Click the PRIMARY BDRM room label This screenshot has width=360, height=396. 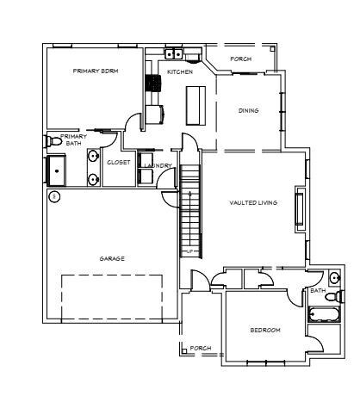click(96, 71)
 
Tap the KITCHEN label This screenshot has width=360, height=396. click(179, 71)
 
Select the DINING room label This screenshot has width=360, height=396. click(249, 110)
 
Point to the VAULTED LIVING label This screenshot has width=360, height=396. click(252, 202)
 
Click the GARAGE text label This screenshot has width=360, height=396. click(112, 258)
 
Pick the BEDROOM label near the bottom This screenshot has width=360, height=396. click(265, 330)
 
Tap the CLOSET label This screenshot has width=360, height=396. click(118, 163)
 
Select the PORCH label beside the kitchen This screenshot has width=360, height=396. click(240, 59)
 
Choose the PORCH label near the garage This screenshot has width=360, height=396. click(201, 348)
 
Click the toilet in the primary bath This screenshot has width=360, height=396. click(53, 139)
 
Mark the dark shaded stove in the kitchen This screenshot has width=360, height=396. click(154, 84)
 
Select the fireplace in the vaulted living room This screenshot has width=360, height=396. click(300, 209)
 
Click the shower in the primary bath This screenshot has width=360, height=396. click(57, 171)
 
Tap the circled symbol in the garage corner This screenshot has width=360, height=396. click(53, 196)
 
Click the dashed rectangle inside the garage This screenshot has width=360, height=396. click(112, 297)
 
